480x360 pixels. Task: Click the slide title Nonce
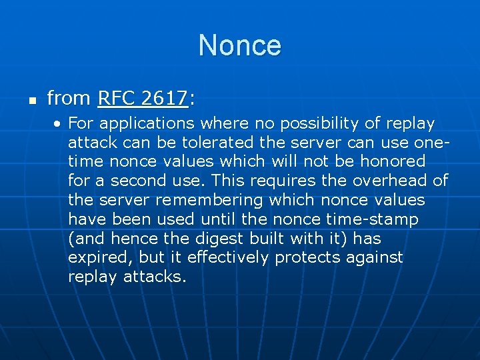(240, 45)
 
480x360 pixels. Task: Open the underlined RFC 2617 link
(143, 99)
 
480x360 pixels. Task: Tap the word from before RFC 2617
(69, 99)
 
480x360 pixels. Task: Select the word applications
(149, 124)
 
